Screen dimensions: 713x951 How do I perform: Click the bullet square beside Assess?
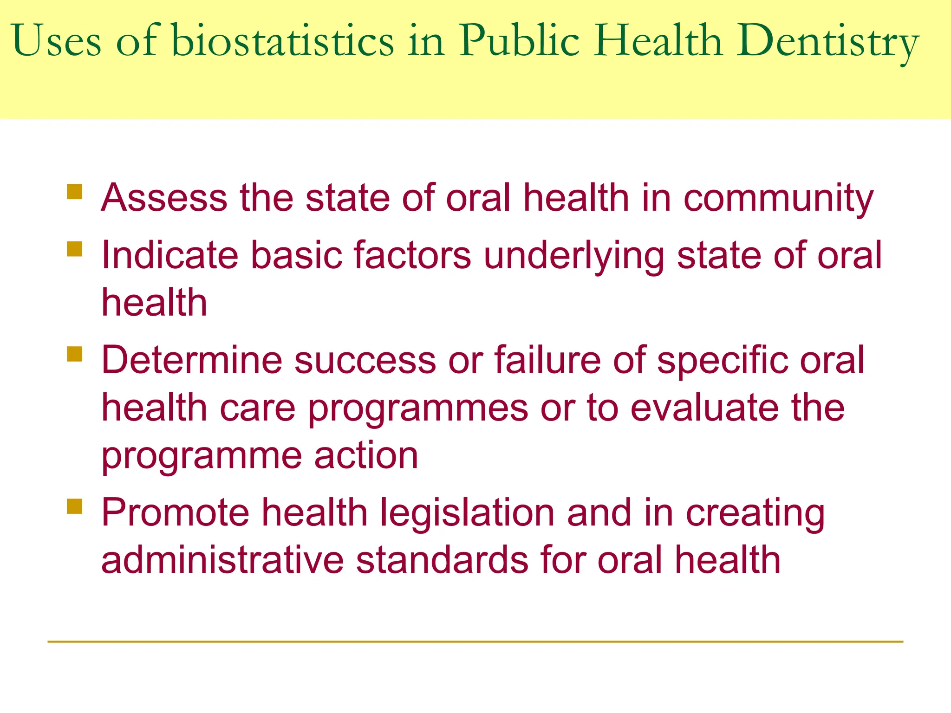74,192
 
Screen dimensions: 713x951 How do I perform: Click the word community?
778,199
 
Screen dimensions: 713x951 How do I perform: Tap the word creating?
755,514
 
